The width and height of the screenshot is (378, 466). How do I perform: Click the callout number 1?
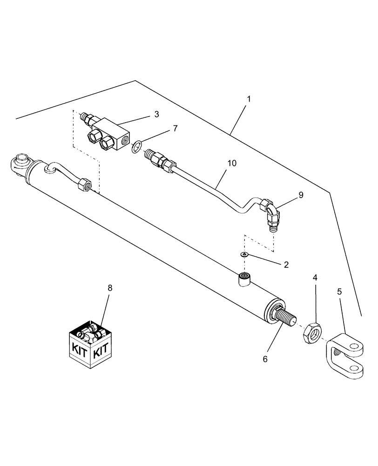249,99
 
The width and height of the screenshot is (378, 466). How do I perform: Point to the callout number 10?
232,163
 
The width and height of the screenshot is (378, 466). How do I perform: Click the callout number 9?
301,195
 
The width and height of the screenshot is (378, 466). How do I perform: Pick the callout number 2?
286,265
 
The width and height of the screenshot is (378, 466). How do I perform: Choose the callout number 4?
315,277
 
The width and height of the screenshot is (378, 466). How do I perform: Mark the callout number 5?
339,292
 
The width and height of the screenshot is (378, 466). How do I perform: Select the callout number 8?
110,288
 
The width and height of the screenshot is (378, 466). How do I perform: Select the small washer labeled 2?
243,254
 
